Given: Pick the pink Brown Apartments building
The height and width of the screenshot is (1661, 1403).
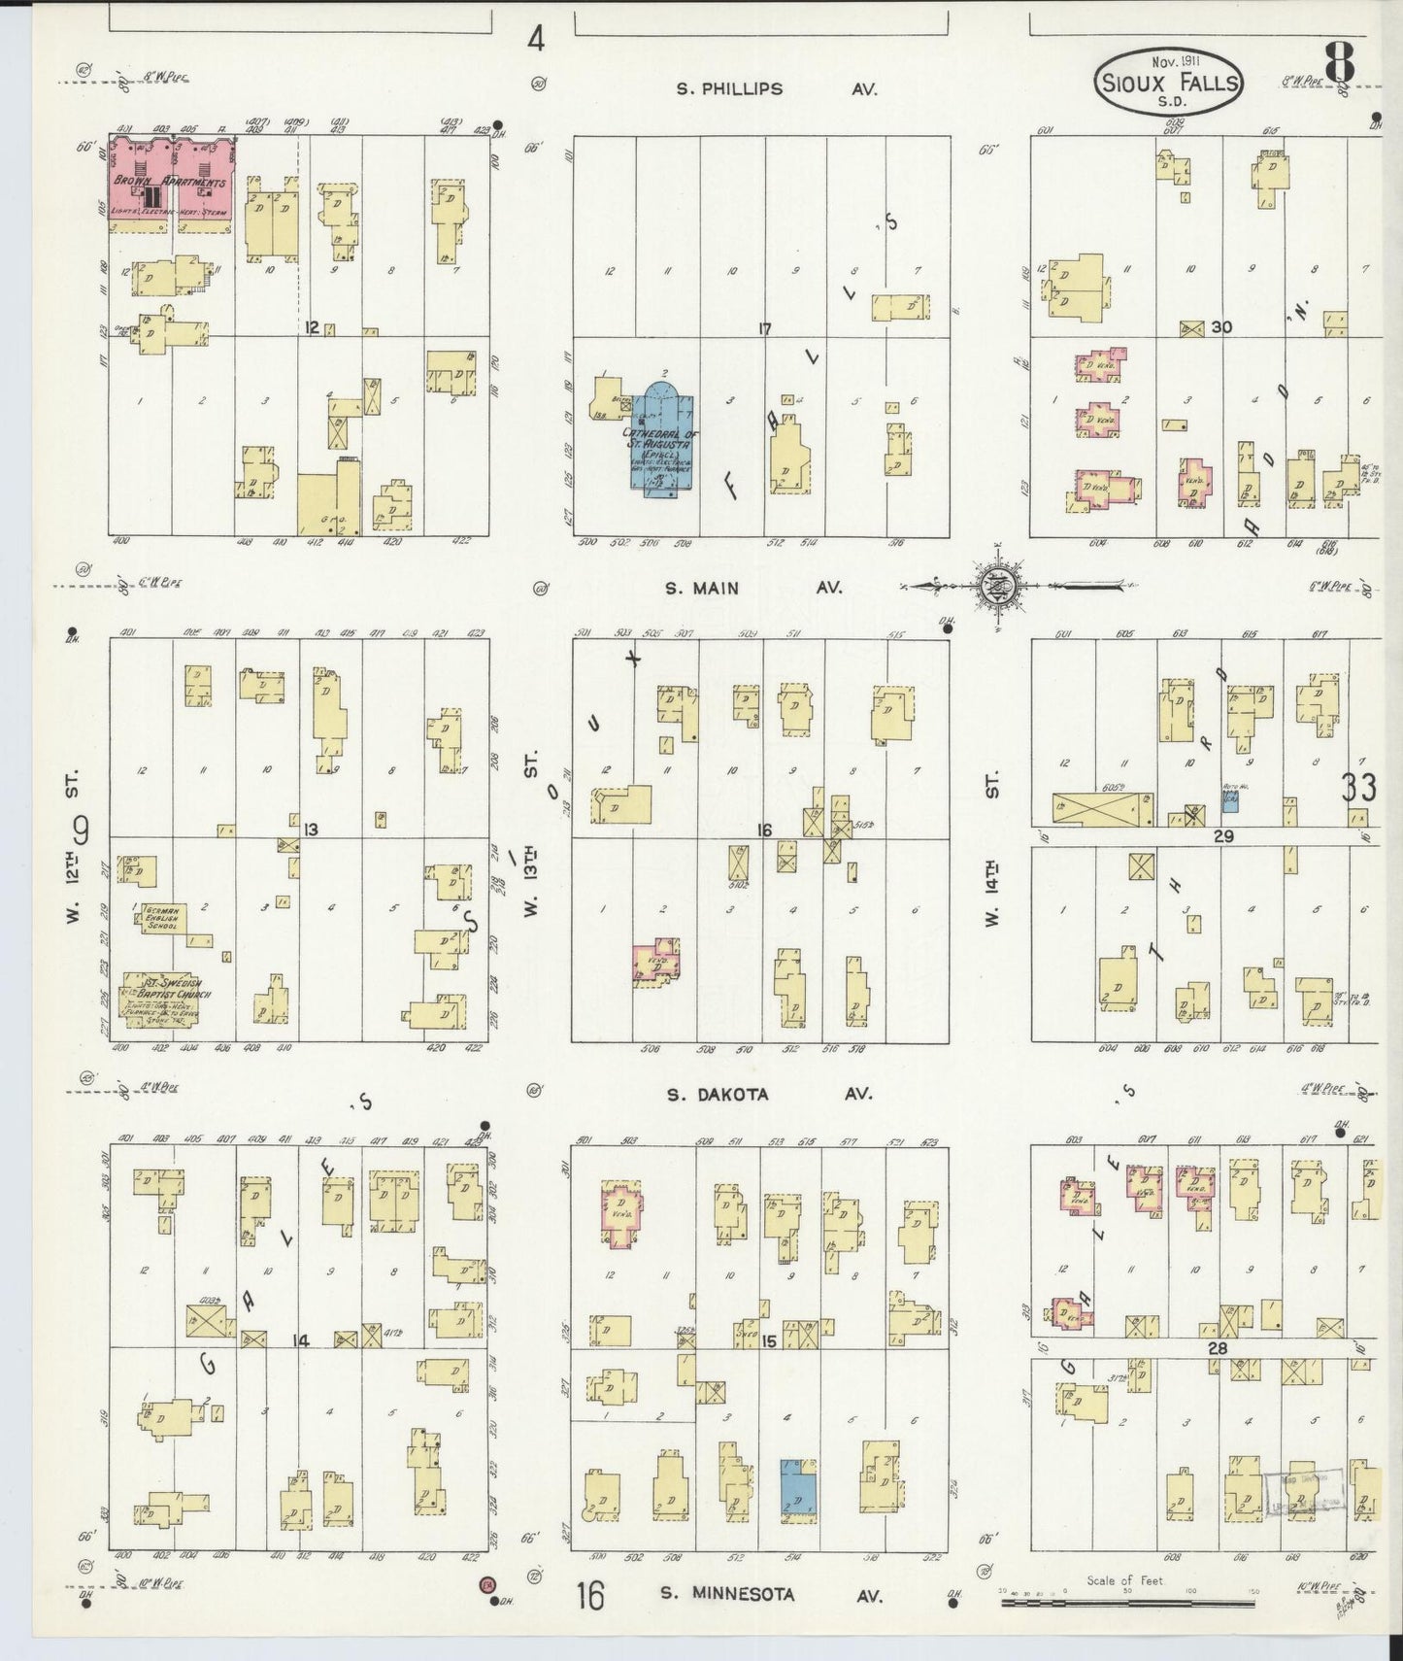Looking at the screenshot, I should pyautogui.click(x=171, y=185).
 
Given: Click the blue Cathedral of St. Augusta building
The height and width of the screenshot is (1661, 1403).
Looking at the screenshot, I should pyautogui.click(x=658, y=437).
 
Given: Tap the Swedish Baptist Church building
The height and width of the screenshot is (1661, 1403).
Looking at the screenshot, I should pyautogui.click(x=166, y=1000).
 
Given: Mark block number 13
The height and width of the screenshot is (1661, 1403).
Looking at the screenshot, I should pyautogui.click(x=311, y=830).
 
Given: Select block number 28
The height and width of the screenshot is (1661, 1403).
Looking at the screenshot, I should pyautogui.click(x=1217, y=1348).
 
